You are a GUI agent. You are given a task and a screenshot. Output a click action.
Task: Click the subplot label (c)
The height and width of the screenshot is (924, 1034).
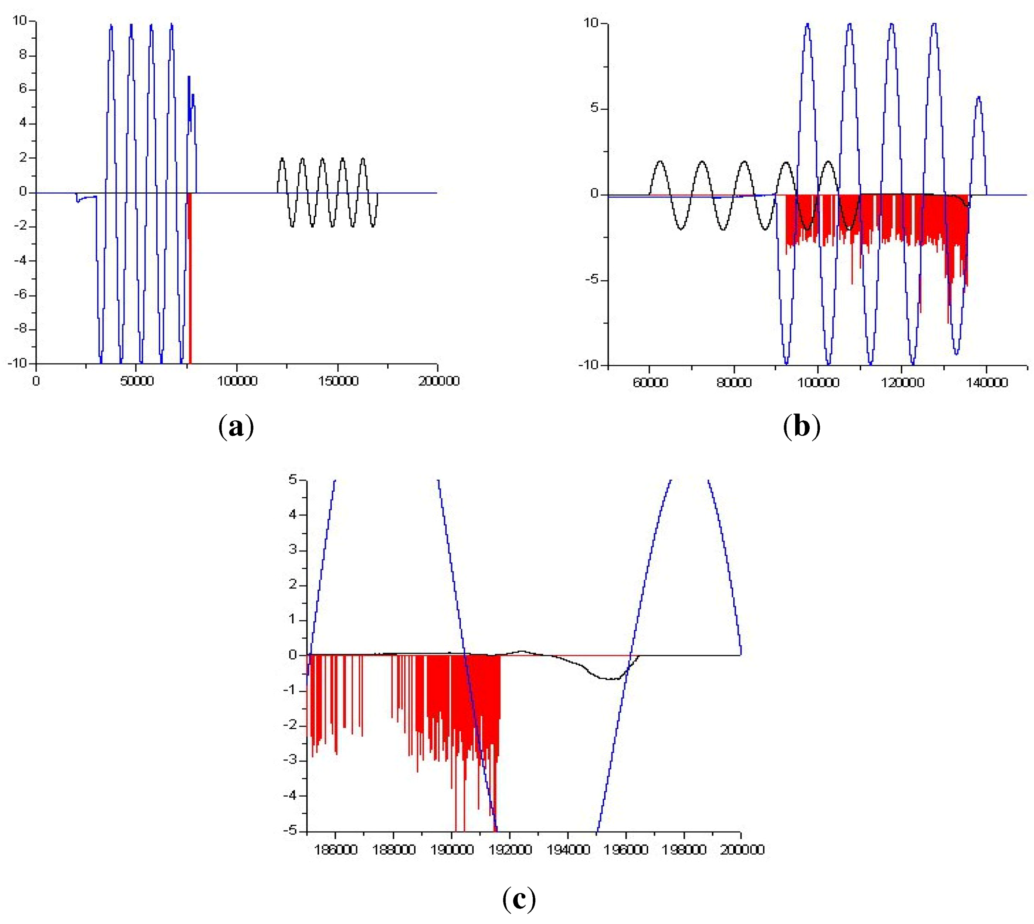(x=519, y=899)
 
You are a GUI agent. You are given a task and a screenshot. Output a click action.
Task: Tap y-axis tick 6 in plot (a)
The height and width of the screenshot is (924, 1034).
(x=23, y=89)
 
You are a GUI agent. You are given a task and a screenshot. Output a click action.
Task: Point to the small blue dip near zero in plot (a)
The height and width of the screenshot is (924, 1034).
(x=78, y=200)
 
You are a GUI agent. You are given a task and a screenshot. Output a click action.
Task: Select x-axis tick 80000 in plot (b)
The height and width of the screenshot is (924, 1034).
(x=733, y=382)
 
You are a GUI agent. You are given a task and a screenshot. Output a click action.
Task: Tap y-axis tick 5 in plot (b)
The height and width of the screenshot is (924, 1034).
(x=594, y=109)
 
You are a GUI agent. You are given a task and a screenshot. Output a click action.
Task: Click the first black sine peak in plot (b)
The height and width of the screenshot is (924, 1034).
(x=660, y=161)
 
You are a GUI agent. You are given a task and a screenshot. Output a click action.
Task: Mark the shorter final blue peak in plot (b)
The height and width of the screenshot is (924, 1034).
(x=978, y=98)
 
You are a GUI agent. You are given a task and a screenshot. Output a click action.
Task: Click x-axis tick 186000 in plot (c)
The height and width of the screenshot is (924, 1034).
(x=335, y=850)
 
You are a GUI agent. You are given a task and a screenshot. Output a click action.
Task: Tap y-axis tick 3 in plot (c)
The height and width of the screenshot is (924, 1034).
(x=293, y=550)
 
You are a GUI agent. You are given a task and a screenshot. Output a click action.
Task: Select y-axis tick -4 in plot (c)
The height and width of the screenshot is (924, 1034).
(x=290, y=795)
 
